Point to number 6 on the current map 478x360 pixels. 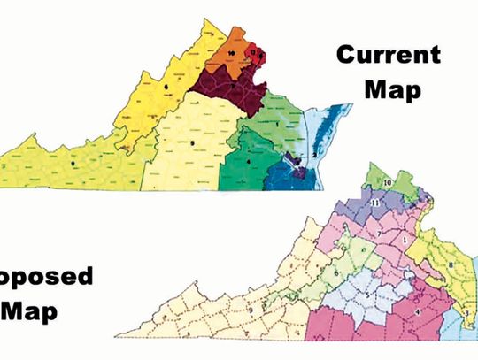(x=164, y=86)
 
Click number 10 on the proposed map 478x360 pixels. (x=388, y=182)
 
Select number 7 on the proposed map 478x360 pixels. (x=378, y=232)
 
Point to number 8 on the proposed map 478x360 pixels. (x=450, y=263)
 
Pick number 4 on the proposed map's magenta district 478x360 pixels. (x=416, y=310)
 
